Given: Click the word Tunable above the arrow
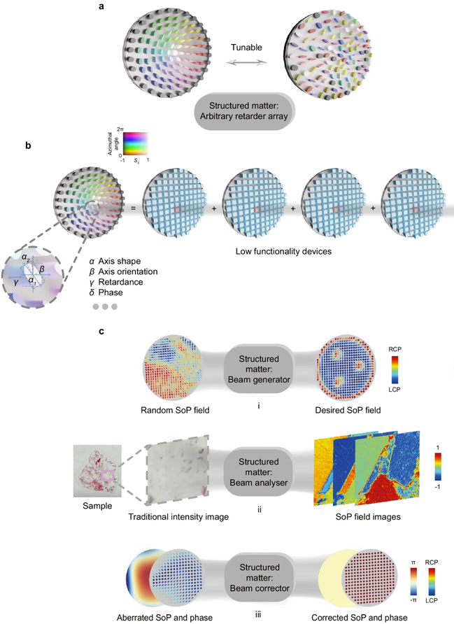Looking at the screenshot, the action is point(246,48).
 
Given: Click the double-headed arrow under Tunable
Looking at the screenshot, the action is point(247,62).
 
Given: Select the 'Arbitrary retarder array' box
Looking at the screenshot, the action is point(244,111).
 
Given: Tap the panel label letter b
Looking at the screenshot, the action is point(28,146).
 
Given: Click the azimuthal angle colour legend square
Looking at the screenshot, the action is point(135,143).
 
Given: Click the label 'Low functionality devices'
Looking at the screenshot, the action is point(283,251).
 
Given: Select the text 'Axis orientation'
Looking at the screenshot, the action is point(128,272).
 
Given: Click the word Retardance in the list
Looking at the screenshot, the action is point(120,282).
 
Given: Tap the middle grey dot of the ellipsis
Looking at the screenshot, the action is point(105,307).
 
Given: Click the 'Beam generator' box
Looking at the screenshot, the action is point(259,369).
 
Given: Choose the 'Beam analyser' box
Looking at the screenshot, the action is point(259,472).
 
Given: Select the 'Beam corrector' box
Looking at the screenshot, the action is point(260,578).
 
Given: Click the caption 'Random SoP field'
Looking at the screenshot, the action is point(175,410).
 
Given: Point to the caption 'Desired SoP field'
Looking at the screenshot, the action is point(348,410).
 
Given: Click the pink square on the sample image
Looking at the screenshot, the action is point(108,476).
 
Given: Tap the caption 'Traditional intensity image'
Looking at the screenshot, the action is point(178,516).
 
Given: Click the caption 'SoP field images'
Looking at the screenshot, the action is point(368,516).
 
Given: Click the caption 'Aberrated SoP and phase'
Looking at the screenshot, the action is point(164,618).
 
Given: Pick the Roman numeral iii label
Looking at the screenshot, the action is point(258,615).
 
